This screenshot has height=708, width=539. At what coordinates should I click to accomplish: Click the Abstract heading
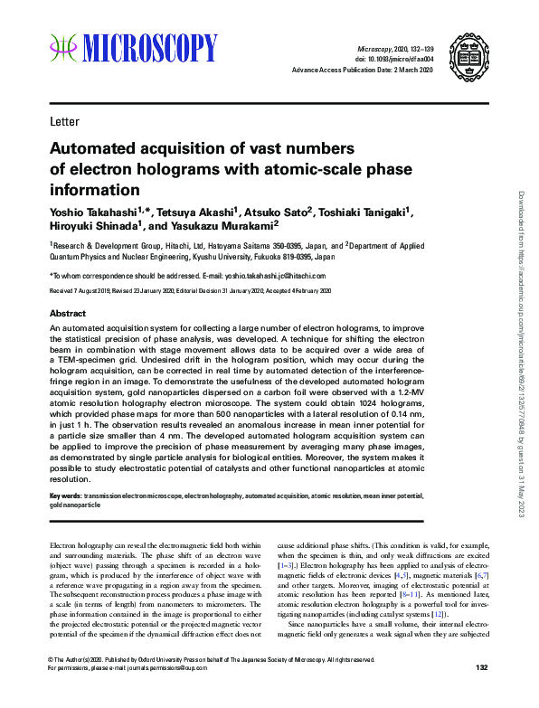pyautogui.click(x=68, y=313)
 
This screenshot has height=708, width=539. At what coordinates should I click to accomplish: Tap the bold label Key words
pyautogui.click(x=65, y=496)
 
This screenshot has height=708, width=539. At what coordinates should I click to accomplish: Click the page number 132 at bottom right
pyautogui.click(x=481, y=693)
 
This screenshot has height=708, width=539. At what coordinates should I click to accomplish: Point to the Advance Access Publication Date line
pyautogui.click(x=364, y=71)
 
